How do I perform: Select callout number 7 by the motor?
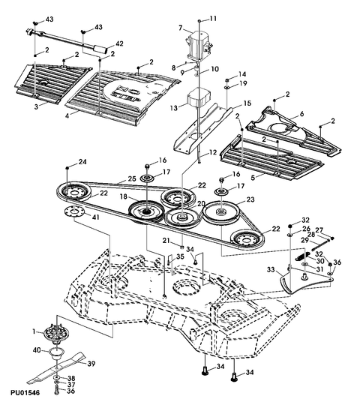click(x=179, y=28)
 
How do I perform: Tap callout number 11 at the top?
click(x=212, y=18)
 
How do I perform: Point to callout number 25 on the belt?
click(x=132, y=178)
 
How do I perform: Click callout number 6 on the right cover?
click(x=301, y=113)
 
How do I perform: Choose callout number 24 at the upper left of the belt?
click(x=82, y=162)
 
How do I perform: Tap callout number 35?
click(x=180, y=256)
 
